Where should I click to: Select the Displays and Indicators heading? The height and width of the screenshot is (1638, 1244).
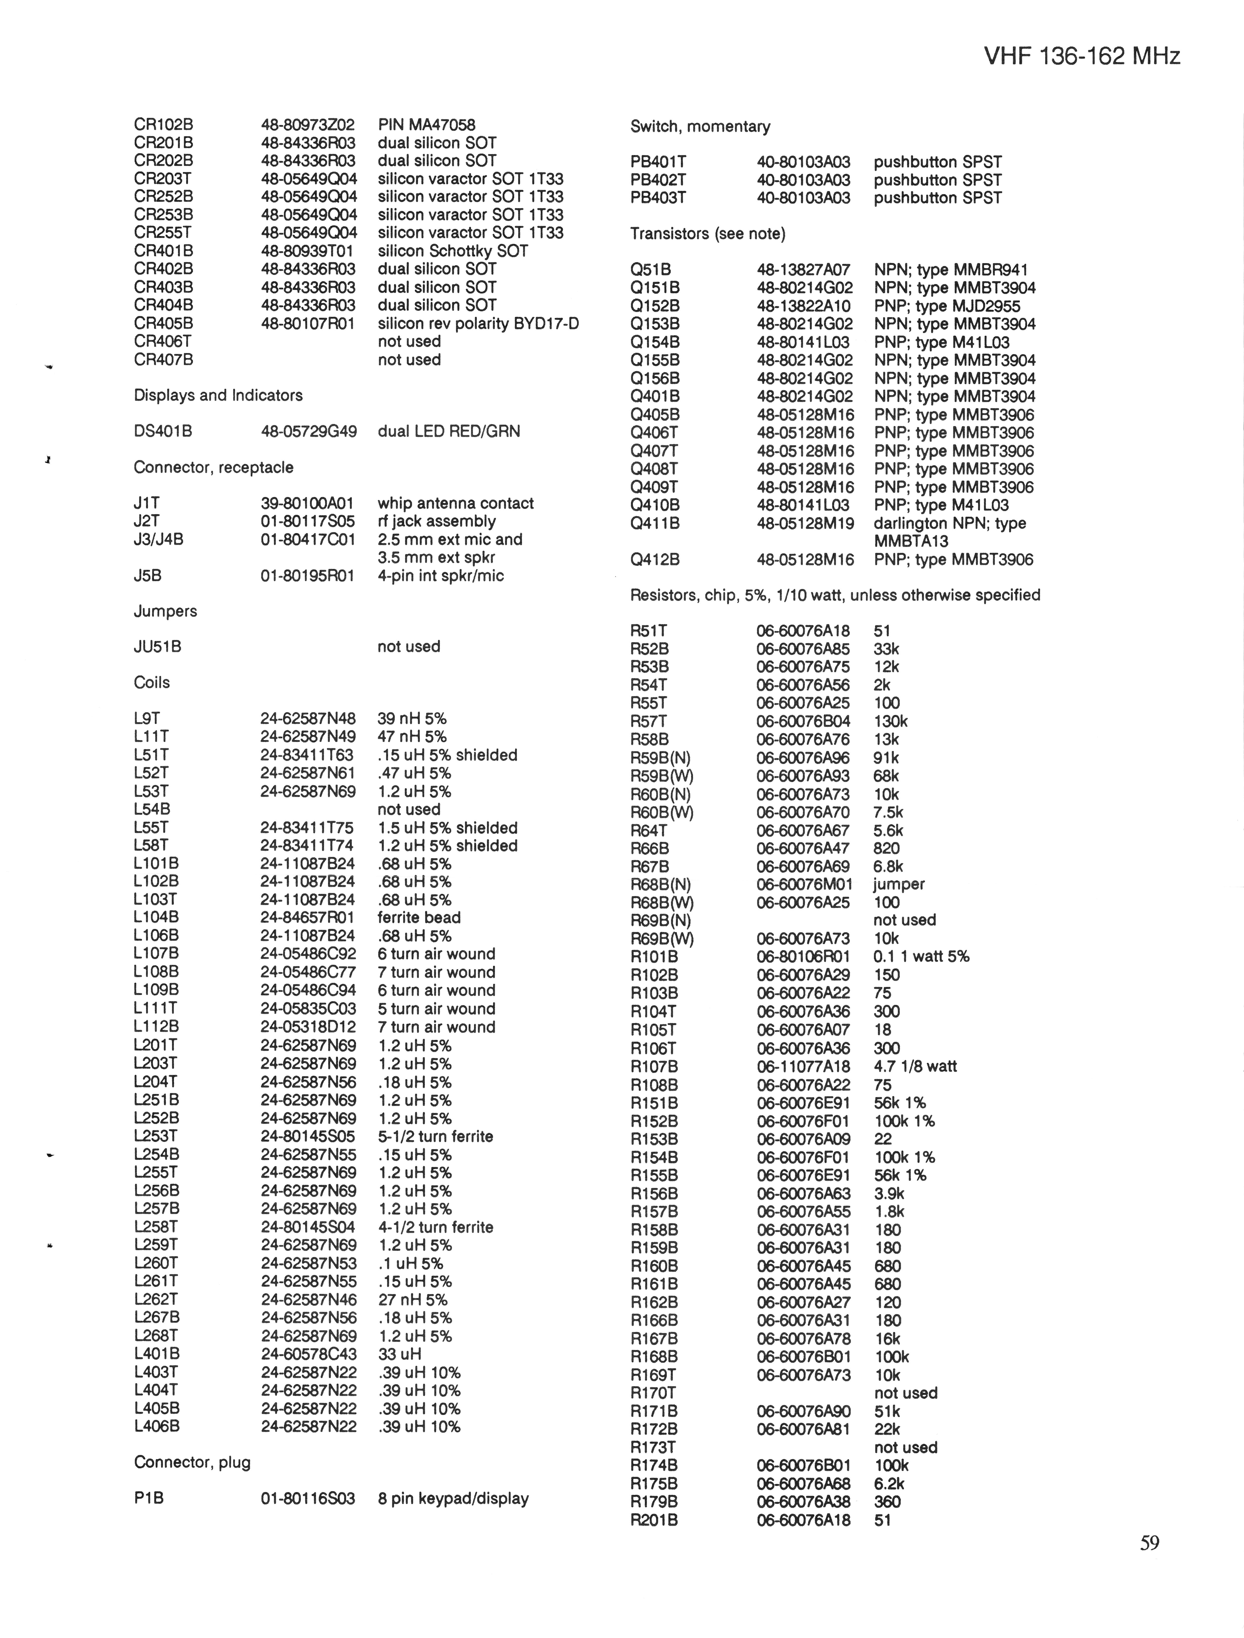(x=218, y=395)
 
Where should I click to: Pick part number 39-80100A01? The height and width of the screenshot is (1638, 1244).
(x=307, y=504)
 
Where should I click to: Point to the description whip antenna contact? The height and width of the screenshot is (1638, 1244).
(x=455, y=504)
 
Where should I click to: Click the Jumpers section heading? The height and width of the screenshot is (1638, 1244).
(x=165, y=611)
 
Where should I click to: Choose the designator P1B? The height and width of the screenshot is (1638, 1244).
(x=149, y=1499)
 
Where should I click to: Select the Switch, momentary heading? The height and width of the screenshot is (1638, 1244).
(x=700, y=127)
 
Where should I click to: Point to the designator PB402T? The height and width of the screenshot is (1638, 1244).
(x=658, y=180)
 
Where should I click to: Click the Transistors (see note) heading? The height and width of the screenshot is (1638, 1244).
(x=707, y=234)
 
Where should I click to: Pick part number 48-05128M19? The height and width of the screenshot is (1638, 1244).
(x=805, y=524)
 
